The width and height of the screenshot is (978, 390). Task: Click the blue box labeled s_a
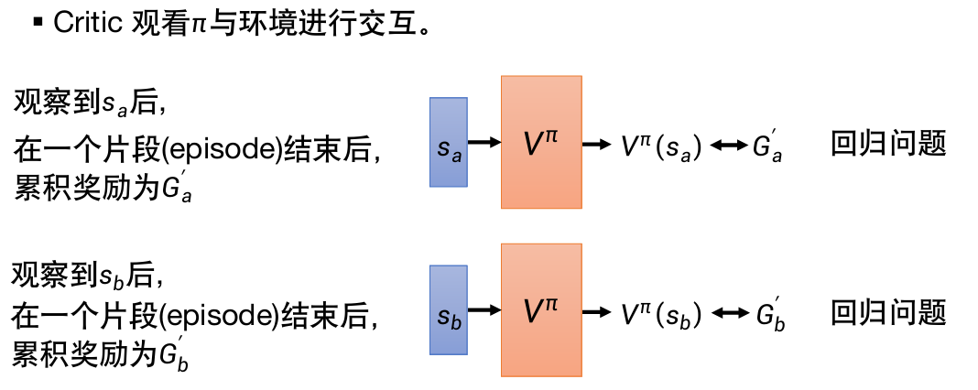(449, 142)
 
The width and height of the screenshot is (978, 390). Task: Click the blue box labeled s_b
(449, 309)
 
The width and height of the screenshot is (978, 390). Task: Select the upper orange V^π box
(541, 142)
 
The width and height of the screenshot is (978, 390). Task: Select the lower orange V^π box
(541, 309)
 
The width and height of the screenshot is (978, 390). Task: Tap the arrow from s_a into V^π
(484, 142)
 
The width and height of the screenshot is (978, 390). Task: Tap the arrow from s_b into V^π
(484, 310)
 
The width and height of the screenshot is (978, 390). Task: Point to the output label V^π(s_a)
(660, 145)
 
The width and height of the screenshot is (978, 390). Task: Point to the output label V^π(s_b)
(660, 313)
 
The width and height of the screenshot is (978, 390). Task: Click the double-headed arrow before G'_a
(729, 146)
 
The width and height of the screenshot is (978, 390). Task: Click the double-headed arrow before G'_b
(729, 314)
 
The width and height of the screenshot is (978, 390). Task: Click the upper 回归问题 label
(887, 144)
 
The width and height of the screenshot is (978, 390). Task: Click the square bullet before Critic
(38, 22)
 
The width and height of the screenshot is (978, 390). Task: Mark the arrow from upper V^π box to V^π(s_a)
(599, 144)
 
